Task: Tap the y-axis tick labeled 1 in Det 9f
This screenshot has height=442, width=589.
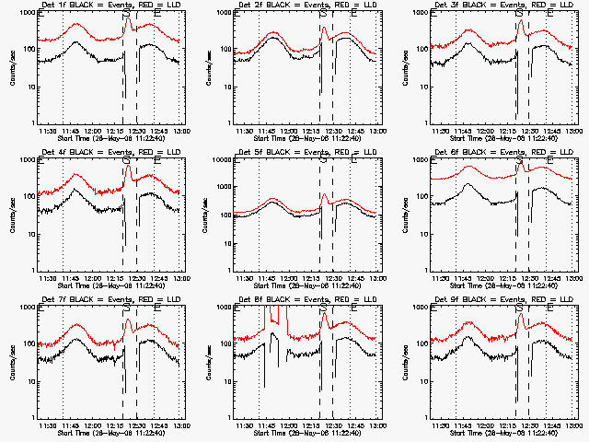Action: (425, 417)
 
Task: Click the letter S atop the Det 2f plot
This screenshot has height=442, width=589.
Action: (322, 15)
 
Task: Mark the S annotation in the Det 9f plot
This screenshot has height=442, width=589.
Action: (519, 309)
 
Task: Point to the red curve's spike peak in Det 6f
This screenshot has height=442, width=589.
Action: (520, 165)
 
